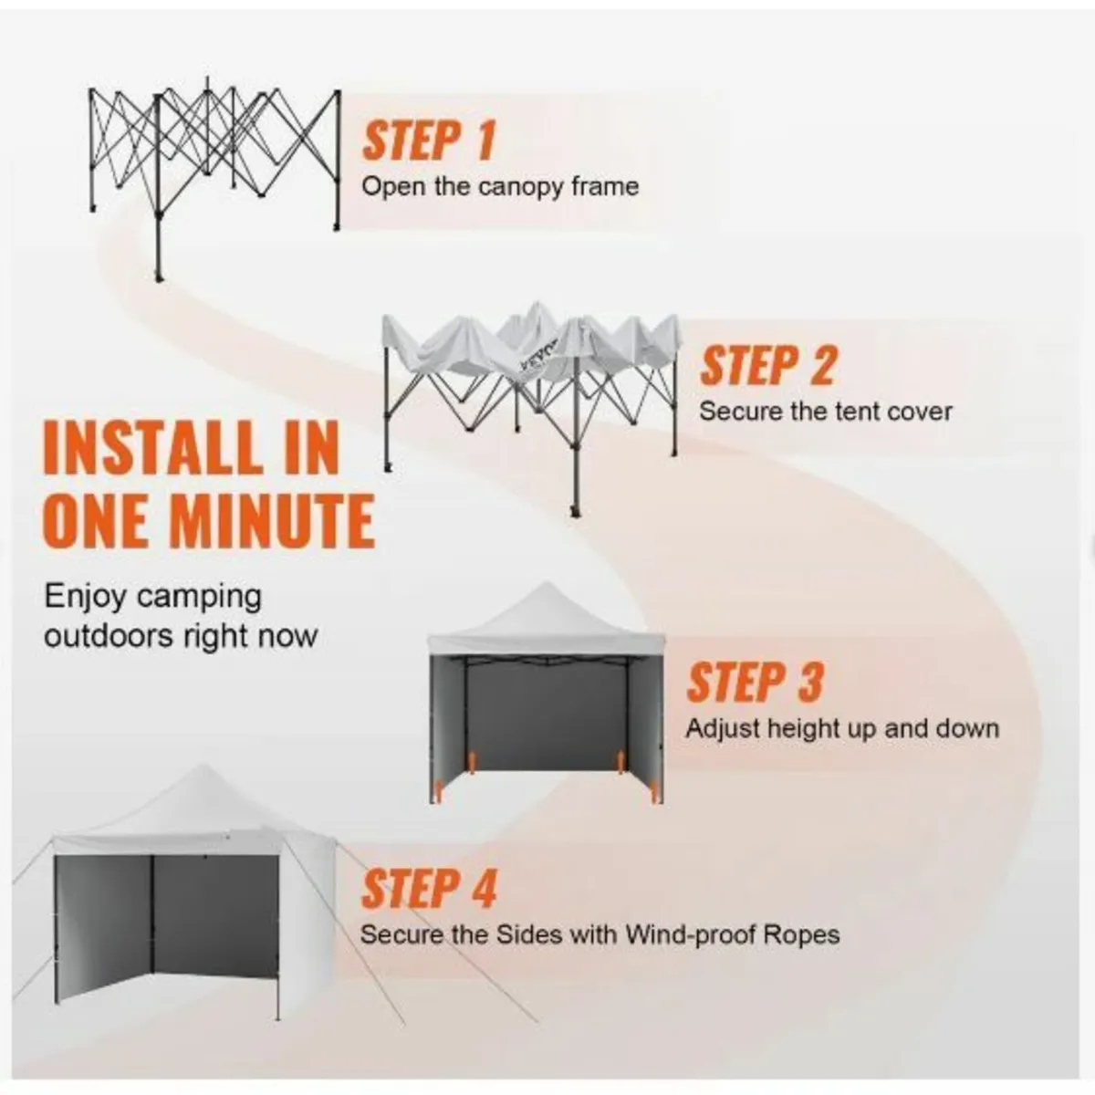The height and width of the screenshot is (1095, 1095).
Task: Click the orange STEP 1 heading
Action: [429, 141]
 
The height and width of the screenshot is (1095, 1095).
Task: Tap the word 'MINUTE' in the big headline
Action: [274, 521]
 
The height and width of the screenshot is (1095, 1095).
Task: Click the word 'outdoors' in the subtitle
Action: [109, 636]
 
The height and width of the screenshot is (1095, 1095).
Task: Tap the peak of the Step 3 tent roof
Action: [545, 584]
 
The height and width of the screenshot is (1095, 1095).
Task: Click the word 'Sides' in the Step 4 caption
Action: [530, 934]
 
